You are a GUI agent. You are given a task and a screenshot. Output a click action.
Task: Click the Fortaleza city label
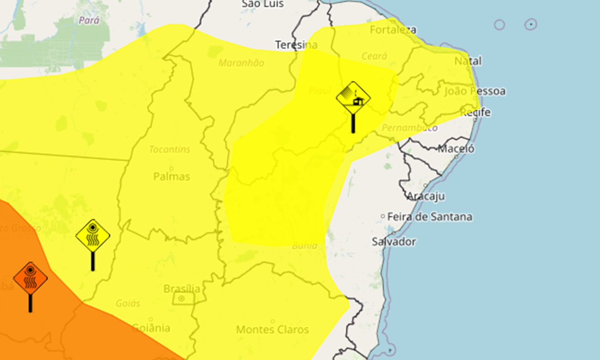tap(393, 30)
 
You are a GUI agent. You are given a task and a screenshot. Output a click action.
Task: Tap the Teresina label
tap(296, 45)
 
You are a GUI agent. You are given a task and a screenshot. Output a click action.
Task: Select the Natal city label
tap(468, 61)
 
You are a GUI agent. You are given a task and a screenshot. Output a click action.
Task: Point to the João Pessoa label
tap(474, 91)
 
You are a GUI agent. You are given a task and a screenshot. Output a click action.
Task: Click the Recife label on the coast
tap(475, 113)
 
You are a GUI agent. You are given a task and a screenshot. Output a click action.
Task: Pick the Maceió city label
tap(456, 149)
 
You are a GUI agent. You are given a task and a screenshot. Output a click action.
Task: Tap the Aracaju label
tap(426, 196)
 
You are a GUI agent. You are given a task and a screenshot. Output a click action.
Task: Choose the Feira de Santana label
tap(430, 216)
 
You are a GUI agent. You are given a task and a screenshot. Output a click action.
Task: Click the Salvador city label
tap(394, 241)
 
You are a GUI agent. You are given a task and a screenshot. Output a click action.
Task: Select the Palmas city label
tap(171, 177)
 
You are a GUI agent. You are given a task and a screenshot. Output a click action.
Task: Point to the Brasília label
tap(182, 289)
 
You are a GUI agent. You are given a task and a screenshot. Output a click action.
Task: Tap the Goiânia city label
tap(151, 328)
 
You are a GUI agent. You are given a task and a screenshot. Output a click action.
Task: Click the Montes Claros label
tap(272, 330)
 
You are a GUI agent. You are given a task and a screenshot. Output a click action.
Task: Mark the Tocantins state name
tap(170, 150)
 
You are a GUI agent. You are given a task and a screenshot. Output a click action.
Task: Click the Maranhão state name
tap(241, 63)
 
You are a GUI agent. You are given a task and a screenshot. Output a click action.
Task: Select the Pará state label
tap(89, 20)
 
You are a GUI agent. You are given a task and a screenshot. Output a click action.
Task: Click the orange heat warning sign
tap(30, 278)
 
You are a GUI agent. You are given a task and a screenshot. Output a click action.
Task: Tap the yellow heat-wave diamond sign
tap(93, 236)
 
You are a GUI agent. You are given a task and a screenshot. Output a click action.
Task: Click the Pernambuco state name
tap(409, 127)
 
